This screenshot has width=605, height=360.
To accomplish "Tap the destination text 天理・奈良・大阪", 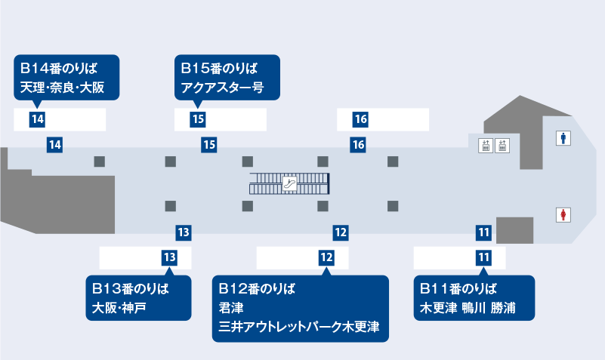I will [68, 88].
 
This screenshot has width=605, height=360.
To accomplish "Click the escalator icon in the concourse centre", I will [290, 183].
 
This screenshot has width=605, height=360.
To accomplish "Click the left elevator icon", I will [486, 146].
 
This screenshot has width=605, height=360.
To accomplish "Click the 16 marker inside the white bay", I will [360, 119].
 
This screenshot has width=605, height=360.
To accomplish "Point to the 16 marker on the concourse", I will [358, 144].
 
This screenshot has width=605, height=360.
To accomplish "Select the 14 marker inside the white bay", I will [38, 119].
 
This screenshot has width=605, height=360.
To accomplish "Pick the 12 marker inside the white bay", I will [326, 257].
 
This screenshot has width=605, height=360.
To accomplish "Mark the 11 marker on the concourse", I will [484, 232].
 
